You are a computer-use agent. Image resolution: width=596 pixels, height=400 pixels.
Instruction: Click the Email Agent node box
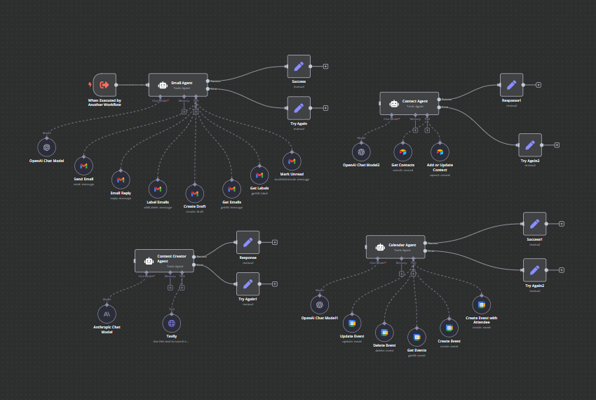178,85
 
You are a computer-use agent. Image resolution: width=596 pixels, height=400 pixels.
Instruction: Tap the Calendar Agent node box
395,247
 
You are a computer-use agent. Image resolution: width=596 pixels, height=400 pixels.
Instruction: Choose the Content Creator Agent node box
164,260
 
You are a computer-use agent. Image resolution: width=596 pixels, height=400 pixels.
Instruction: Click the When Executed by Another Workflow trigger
104,85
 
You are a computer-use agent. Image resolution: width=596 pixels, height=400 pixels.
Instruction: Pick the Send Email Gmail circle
83,166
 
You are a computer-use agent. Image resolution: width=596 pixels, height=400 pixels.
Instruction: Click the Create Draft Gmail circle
195,193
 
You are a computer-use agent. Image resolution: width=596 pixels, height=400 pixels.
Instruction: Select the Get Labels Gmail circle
259,175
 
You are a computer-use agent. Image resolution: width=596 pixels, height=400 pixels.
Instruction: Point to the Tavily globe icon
172,323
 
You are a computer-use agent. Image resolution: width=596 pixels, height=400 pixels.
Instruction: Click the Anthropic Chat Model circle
107,314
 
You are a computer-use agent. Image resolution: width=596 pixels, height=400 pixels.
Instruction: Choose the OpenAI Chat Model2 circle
361,152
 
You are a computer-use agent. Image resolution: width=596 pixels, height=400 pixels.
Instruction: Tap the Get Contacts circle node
402,152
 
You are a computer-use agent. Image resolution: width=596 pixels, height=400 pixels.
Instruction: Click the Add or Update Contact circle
440,152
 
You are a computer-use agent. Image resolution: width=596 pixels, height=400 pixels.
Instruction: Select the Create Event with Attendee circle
481,305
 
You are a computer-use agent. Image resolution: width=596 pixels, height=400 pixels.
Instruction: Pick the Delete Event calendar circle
384,332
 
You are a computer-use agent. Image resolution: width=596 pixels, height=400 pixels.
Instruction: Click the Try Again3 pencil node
530,145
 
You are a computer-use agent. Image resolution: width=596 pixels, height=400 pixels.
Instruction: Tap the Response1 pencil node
511,85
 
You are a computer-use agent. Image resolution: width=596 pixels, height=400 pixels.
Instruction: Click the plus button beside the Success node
326,67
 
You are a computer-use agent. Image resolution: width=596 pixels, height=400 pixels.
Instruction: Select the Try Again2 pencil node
534,270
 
